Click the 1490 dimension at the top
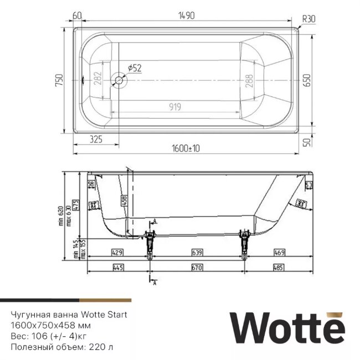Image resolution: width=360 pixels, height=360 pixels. pos(186,17)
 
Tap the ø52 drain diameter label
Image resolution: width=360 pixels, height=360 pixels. pos(135,68)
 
